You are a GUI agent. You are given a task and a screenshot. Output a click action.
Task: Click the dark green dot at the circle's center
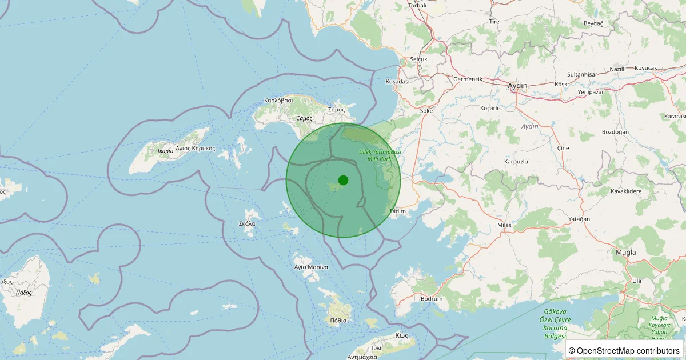click(343, 180)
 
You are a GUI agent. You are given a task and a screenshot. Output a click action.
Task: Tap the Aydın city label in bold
click(517, 85)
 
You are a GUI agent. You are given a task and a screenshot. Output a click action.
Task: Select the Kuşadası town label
click(398, 82)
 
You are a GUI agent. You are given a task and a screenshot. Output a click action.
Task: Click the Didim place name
click(397, 211)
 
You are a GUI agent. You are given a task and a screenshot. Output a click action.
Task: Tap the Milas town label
click(504, 225)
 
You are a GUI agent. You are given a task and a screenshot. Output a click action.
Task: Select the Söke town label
click(426, 111)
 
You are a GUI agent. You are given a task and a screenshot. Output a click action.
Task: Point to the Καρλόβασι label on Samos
click(278, 100)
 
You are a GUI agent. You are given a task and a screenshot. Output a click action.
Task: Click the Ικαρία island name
click(165, 151)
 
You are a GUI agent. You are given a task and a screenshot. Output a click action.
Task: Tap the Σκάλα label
click(247, 224)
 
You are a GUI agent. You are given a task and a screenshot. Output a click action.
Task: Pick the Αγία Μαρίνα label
click(311, 267)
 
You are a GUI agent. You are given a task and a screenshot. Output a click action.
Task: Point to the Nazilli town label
click(618, 69)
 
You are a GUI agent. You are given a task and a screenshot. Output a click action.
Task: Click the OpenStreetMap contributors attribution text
click(624, 350)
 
